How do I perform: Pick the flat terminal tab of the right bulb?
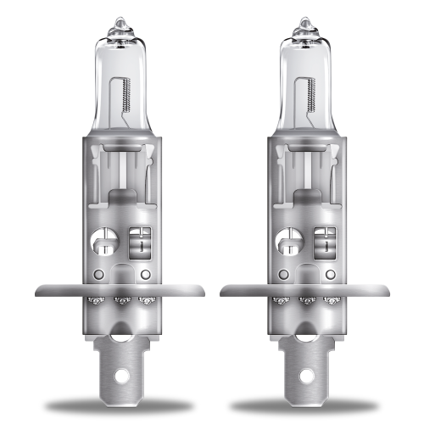pos(303,356)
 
